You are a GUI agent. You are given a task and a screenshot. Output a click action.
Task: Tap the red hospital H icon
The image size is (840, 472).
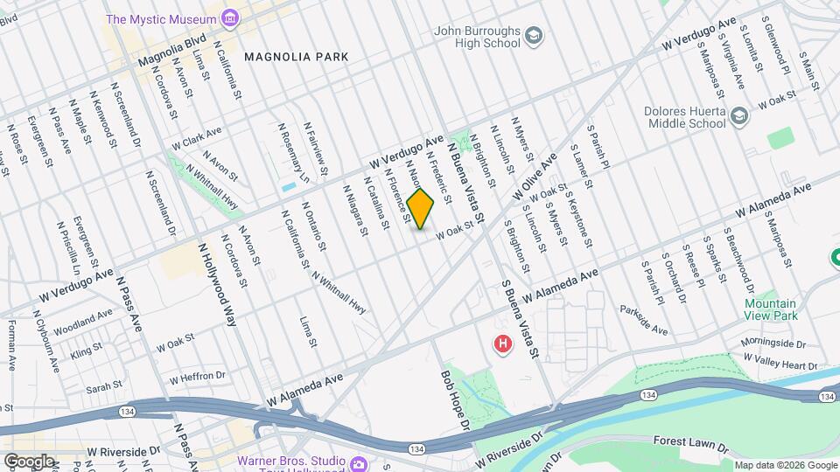pyautogui.click(x=502, y=344)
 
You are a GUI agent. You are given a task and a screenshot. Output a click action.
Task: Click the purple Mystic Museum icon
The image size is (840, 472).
pyautogui.click(x=229, y=17)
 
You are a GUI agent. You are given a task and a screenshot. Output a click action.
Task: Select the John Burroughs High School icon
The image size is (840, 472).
pyautogui.click(x=533, y=35)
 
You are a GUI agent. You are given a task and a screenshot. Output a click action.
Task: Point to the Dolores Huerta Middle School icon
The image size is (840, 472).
pyautogui.click(x=739, y=115)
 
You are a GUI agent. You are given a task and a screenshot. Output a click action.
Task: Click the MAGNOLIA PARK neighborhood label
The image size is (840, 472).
pyautogui.click(x=297, y=57)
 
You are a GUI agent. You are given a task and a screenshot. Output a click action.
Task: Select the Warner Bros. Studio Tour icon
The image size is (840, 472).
pyautogui.click(x=358, y=463)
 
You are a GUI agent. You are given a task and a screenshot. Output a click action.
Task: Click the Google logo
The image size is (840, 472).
pyautogui.click(x=29, y=461)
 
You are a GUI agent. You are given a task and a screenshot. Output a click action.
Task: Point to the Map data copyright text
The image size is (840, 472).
pyautogui.click(x=784, y=465)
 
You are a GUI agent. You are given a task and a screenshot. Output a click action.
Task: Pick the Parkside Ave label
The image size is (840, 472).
pyautogui.click(x=643, y=320)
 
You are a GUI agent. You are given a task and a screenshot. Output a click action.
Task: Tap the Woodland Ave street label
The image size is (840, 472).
pyautogui.click(x=83, y=323)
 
